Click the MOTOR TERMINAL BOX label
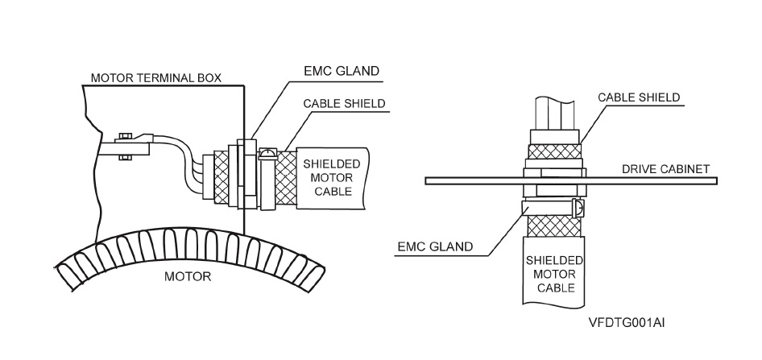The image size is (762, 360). (155, 79)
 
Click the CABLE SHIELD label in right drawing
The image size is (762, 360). (639, 97)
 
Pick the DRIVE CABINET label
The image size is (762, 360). (665, 169)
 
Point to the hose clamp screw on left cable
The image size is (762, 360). (269, 150)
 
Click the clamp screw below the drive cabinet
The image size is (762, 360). (578, 209)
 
